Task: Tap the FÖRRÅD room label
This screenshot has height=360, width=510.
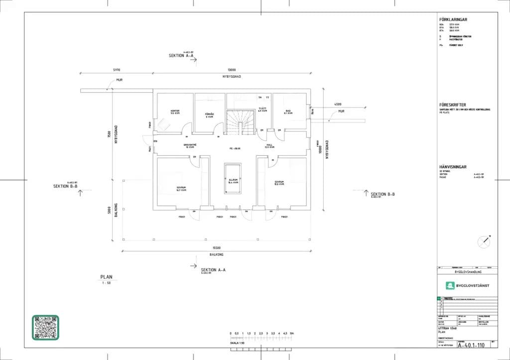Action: (210, 115)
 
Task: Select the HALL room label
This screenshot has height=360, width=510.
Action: (269, 146)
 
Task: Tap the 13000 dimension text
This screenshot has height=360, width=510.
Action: (232, 70)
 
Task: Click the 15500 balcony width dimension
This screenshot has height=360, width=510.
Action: (216, 247)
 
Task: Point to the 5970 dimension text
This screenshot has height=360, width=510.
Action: (117, 70)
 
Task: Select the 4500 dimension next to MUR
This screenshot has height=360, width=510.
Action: (338, 104)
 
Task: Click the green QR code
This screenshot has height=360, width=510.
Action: (46, 327)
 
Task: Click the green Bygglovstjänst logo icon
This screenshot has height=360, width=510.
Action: (450, 285)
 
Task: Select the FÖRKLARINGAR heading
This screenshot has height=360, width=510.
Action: (453, 19)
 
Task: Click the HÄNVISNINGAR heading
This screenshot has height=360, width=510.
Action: (453, 167)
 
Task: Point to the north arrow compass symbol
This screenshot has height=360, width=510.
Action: (484, 242)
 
